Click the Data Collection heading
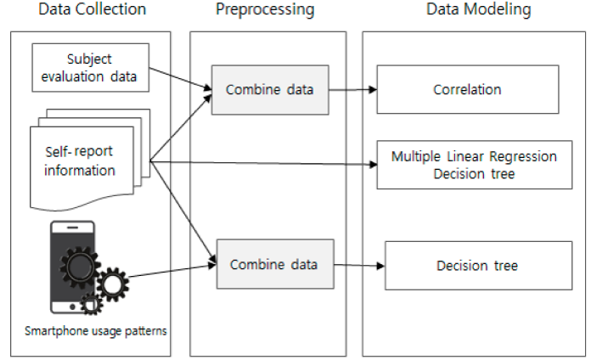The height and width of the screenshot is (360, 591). click(x=93, y=9)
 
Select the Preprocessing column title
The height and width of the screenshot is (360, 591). click(x=265, y=10)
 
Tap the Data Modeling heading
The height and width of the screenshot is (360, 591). click(x=479, y=10)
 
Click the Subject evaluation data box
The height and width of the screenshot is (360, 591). click(x=91, y=67)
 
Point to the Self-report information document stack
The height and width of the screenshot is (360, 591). click(x=90, y=160)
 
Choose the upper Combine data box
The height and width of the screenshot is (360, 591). click(x=270, y=90)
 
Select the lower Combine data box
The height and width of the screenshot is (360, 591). click(x=275, y=264)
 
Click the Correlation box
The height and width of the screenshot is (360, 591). click(x=468, y=89)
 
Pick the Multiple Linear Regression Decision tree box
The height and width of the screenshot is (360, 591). click(x=475, y=165)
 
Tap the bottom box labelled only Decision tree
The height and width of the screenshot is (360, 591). click(x=478, y=266)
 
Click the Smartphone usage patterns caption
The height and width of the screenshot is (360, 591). click(x=96, y=331)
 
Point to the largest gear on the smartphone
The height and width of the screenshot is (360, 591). click(x=80, y=266)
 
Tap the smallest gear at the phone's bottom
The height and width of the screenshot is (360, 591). click(x=91, y=303)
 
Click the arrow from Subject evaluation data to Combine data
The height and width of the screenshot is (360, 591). click(x=181, y=79)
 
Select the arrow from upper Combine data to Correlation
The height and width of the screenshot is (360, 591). click(x=352, y=90)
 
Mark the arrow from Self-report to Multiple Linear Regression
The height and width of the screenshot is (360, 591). click(x=263, y=163)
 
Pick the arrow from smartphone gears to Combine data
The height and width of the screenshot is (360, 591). click(x=172, y=271)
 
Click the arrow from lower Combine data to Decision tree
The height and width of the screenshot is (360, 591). click(x=359, y=266)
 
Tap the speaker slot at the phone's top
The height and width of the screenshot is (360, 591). click(x=72, y=228)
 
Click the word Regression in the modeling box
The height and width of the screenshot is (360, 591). click(x=523, y=156)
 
